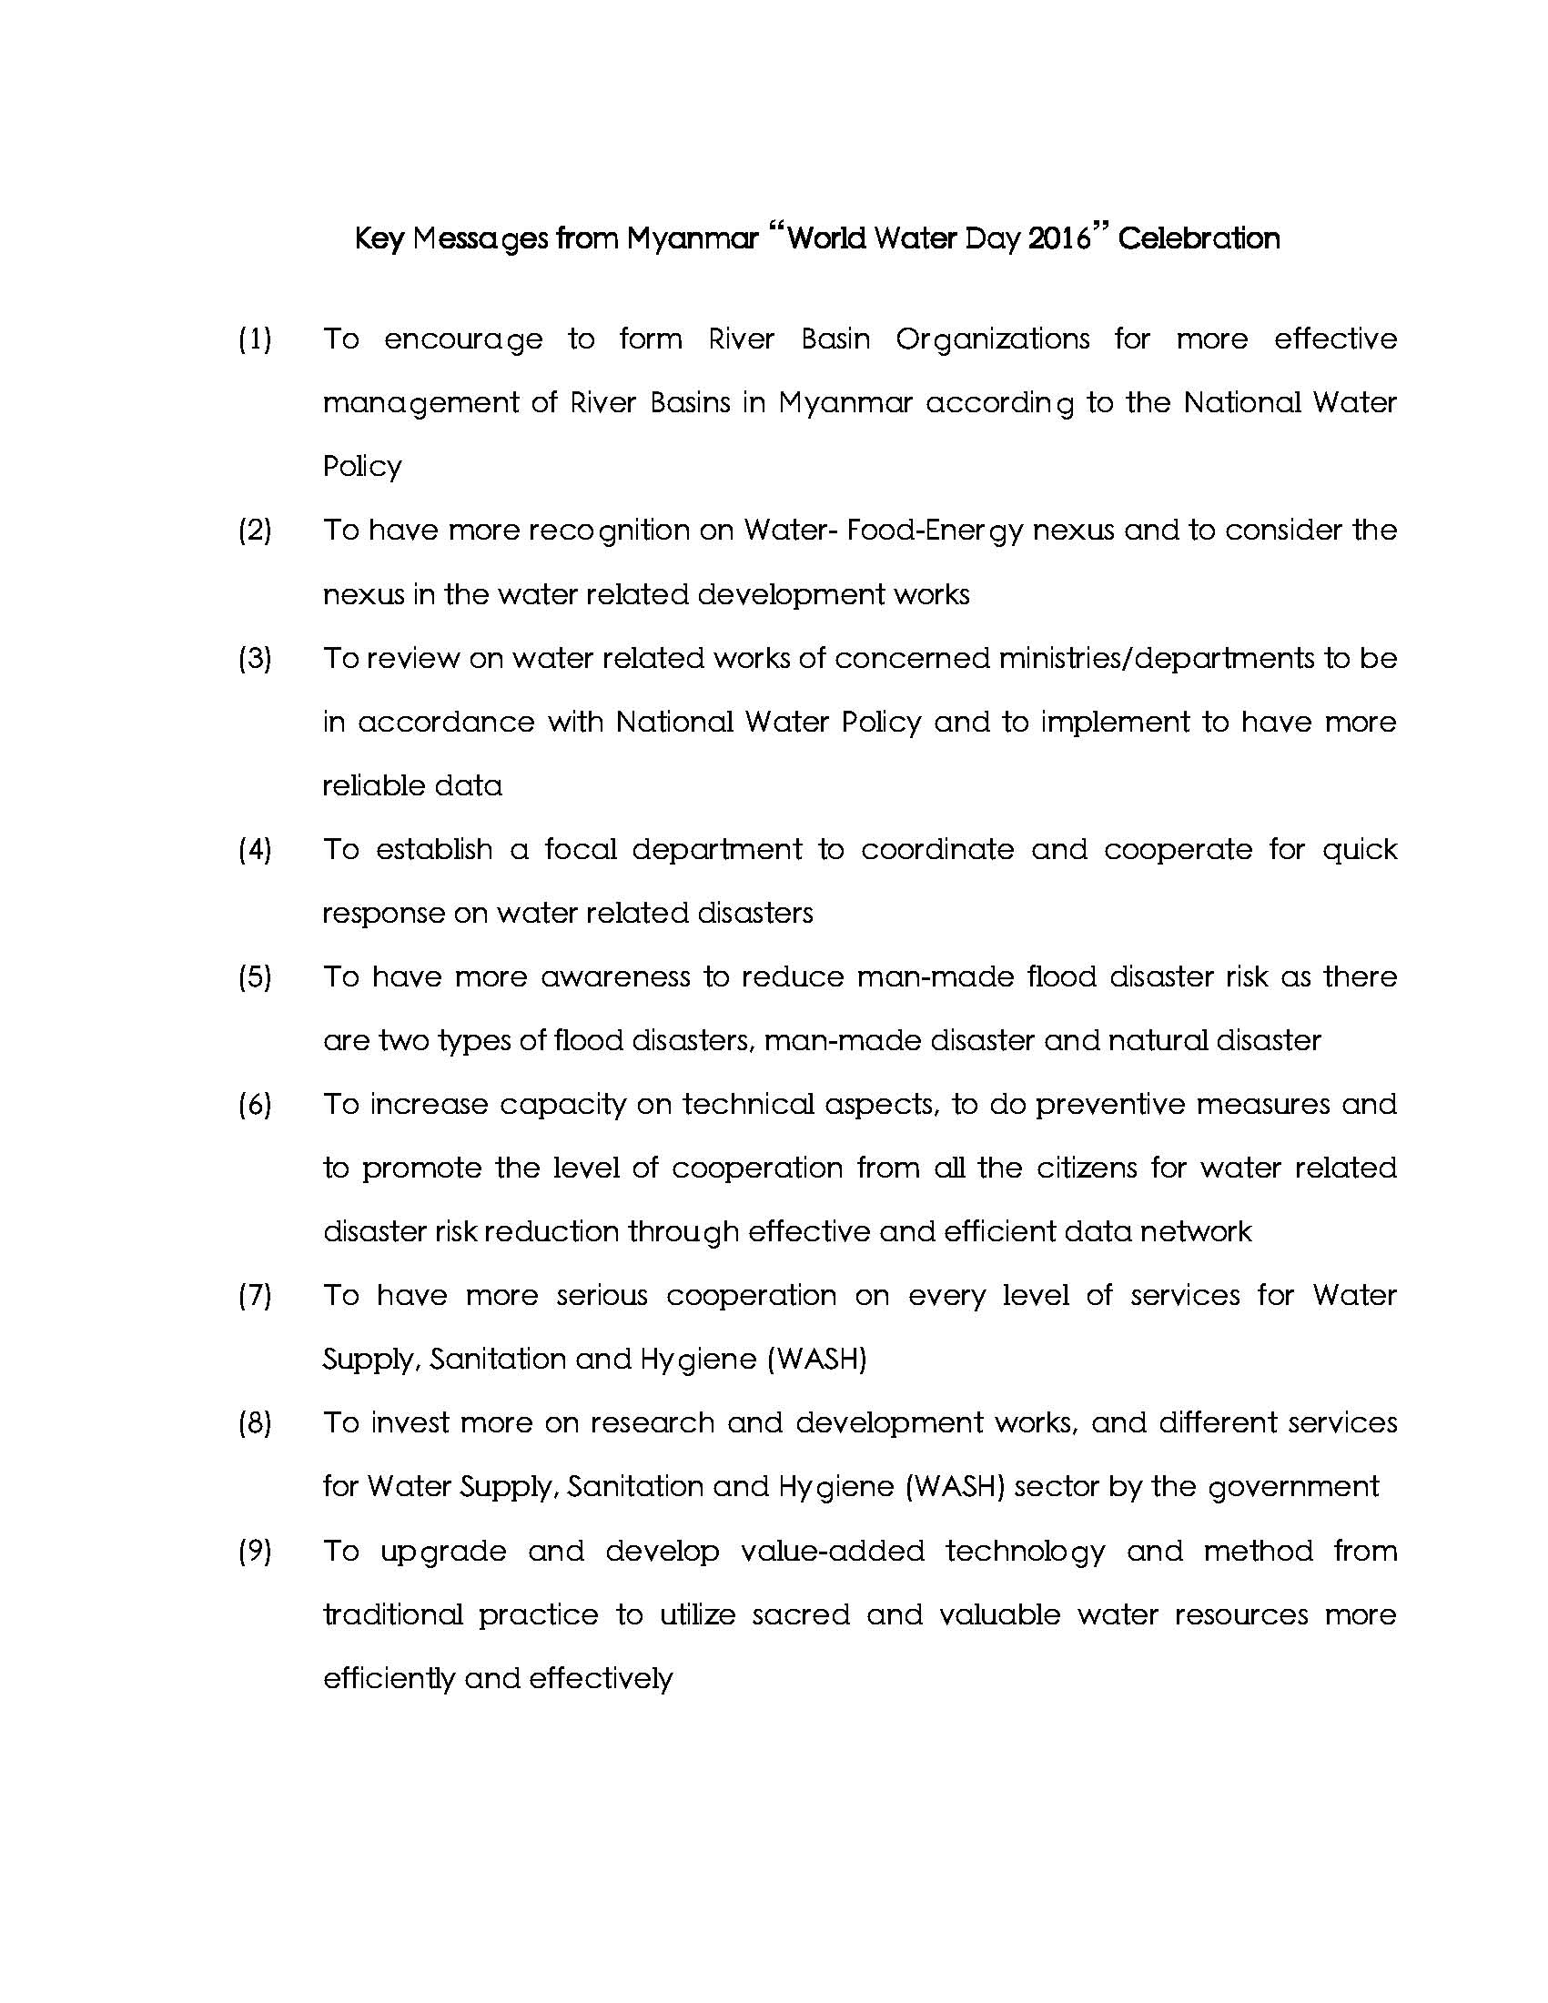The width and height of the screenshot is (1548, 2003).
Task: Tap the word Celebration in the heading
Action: (x=1199, y=239)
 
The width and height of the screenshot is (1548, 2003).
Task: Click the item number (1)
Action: (x=255, y=339)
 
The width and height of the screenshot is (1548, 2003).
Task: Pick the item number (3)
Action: (x=255, y=659)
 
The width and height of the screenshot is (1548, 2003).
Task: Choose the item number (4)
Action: (x=255, y=850)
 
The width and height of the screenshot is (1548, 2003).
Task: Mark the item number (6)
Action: (x=255, y=1105)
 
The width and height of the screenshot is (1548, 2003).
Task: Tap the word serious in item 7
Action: (x=602, y=1296)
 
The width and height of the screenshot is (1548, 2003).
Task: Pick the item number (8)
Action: (x=255, y=1423)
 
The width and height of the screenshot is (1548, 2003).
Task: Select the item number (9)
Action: (x=255, y=1552)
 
